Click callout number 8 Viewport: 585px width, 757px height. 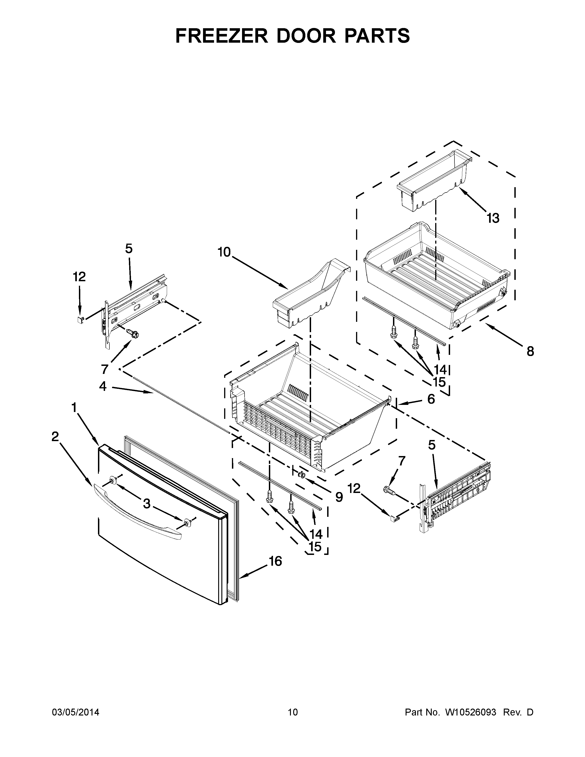coord(530,351)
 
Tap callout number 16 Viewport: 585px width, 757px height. coord(276,561)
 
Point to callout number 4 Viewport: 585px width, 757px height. coord(103,386)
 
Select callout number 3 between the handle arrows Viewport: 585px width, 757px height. coord(147,504)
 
